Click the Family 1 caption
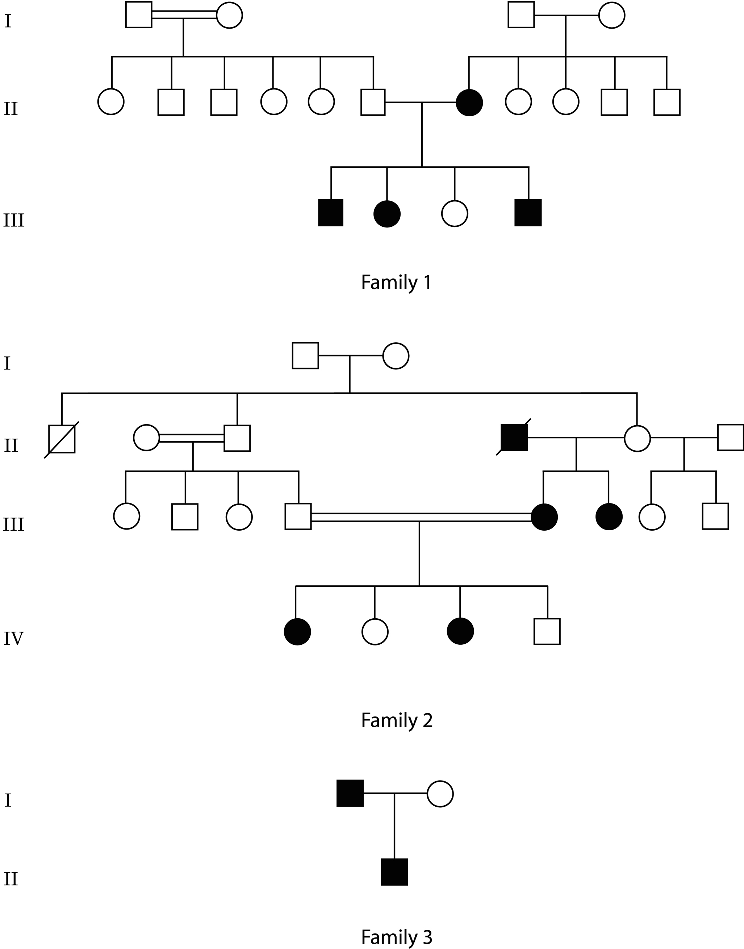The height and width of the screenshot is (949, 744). coord(396,282)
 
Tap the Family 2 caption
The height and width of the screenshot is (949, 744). coord(396,720)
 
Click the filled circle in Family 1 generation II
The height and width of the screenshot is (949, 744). coord(469,103)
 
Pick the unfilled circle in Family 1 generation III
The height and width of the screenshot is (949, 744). coord(454,213)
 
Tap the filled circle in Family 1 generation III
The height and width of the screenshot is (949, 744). coord(387,214)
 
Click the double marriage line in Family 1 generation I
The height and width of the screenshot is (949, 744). coord(184,15)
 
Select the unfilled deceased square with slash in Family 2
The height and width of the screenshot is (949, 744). coord(62,439)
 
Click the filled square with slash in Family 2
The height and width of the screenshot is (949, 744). coord(514,437)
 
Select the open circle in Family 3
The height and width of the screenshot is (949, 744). coord(440,794)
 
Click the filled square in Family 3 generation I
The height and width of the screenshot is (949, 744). coord(350,794)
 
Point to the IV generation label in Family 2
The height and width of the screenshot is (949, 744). coord(13,639)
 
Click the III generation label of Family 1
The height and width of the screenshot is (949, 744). coord(14,220)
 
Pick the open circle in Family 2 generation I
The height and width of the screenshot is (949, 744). coord(396,356)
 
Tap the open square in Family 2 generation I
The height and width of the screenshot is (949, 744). coord(305,355)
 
